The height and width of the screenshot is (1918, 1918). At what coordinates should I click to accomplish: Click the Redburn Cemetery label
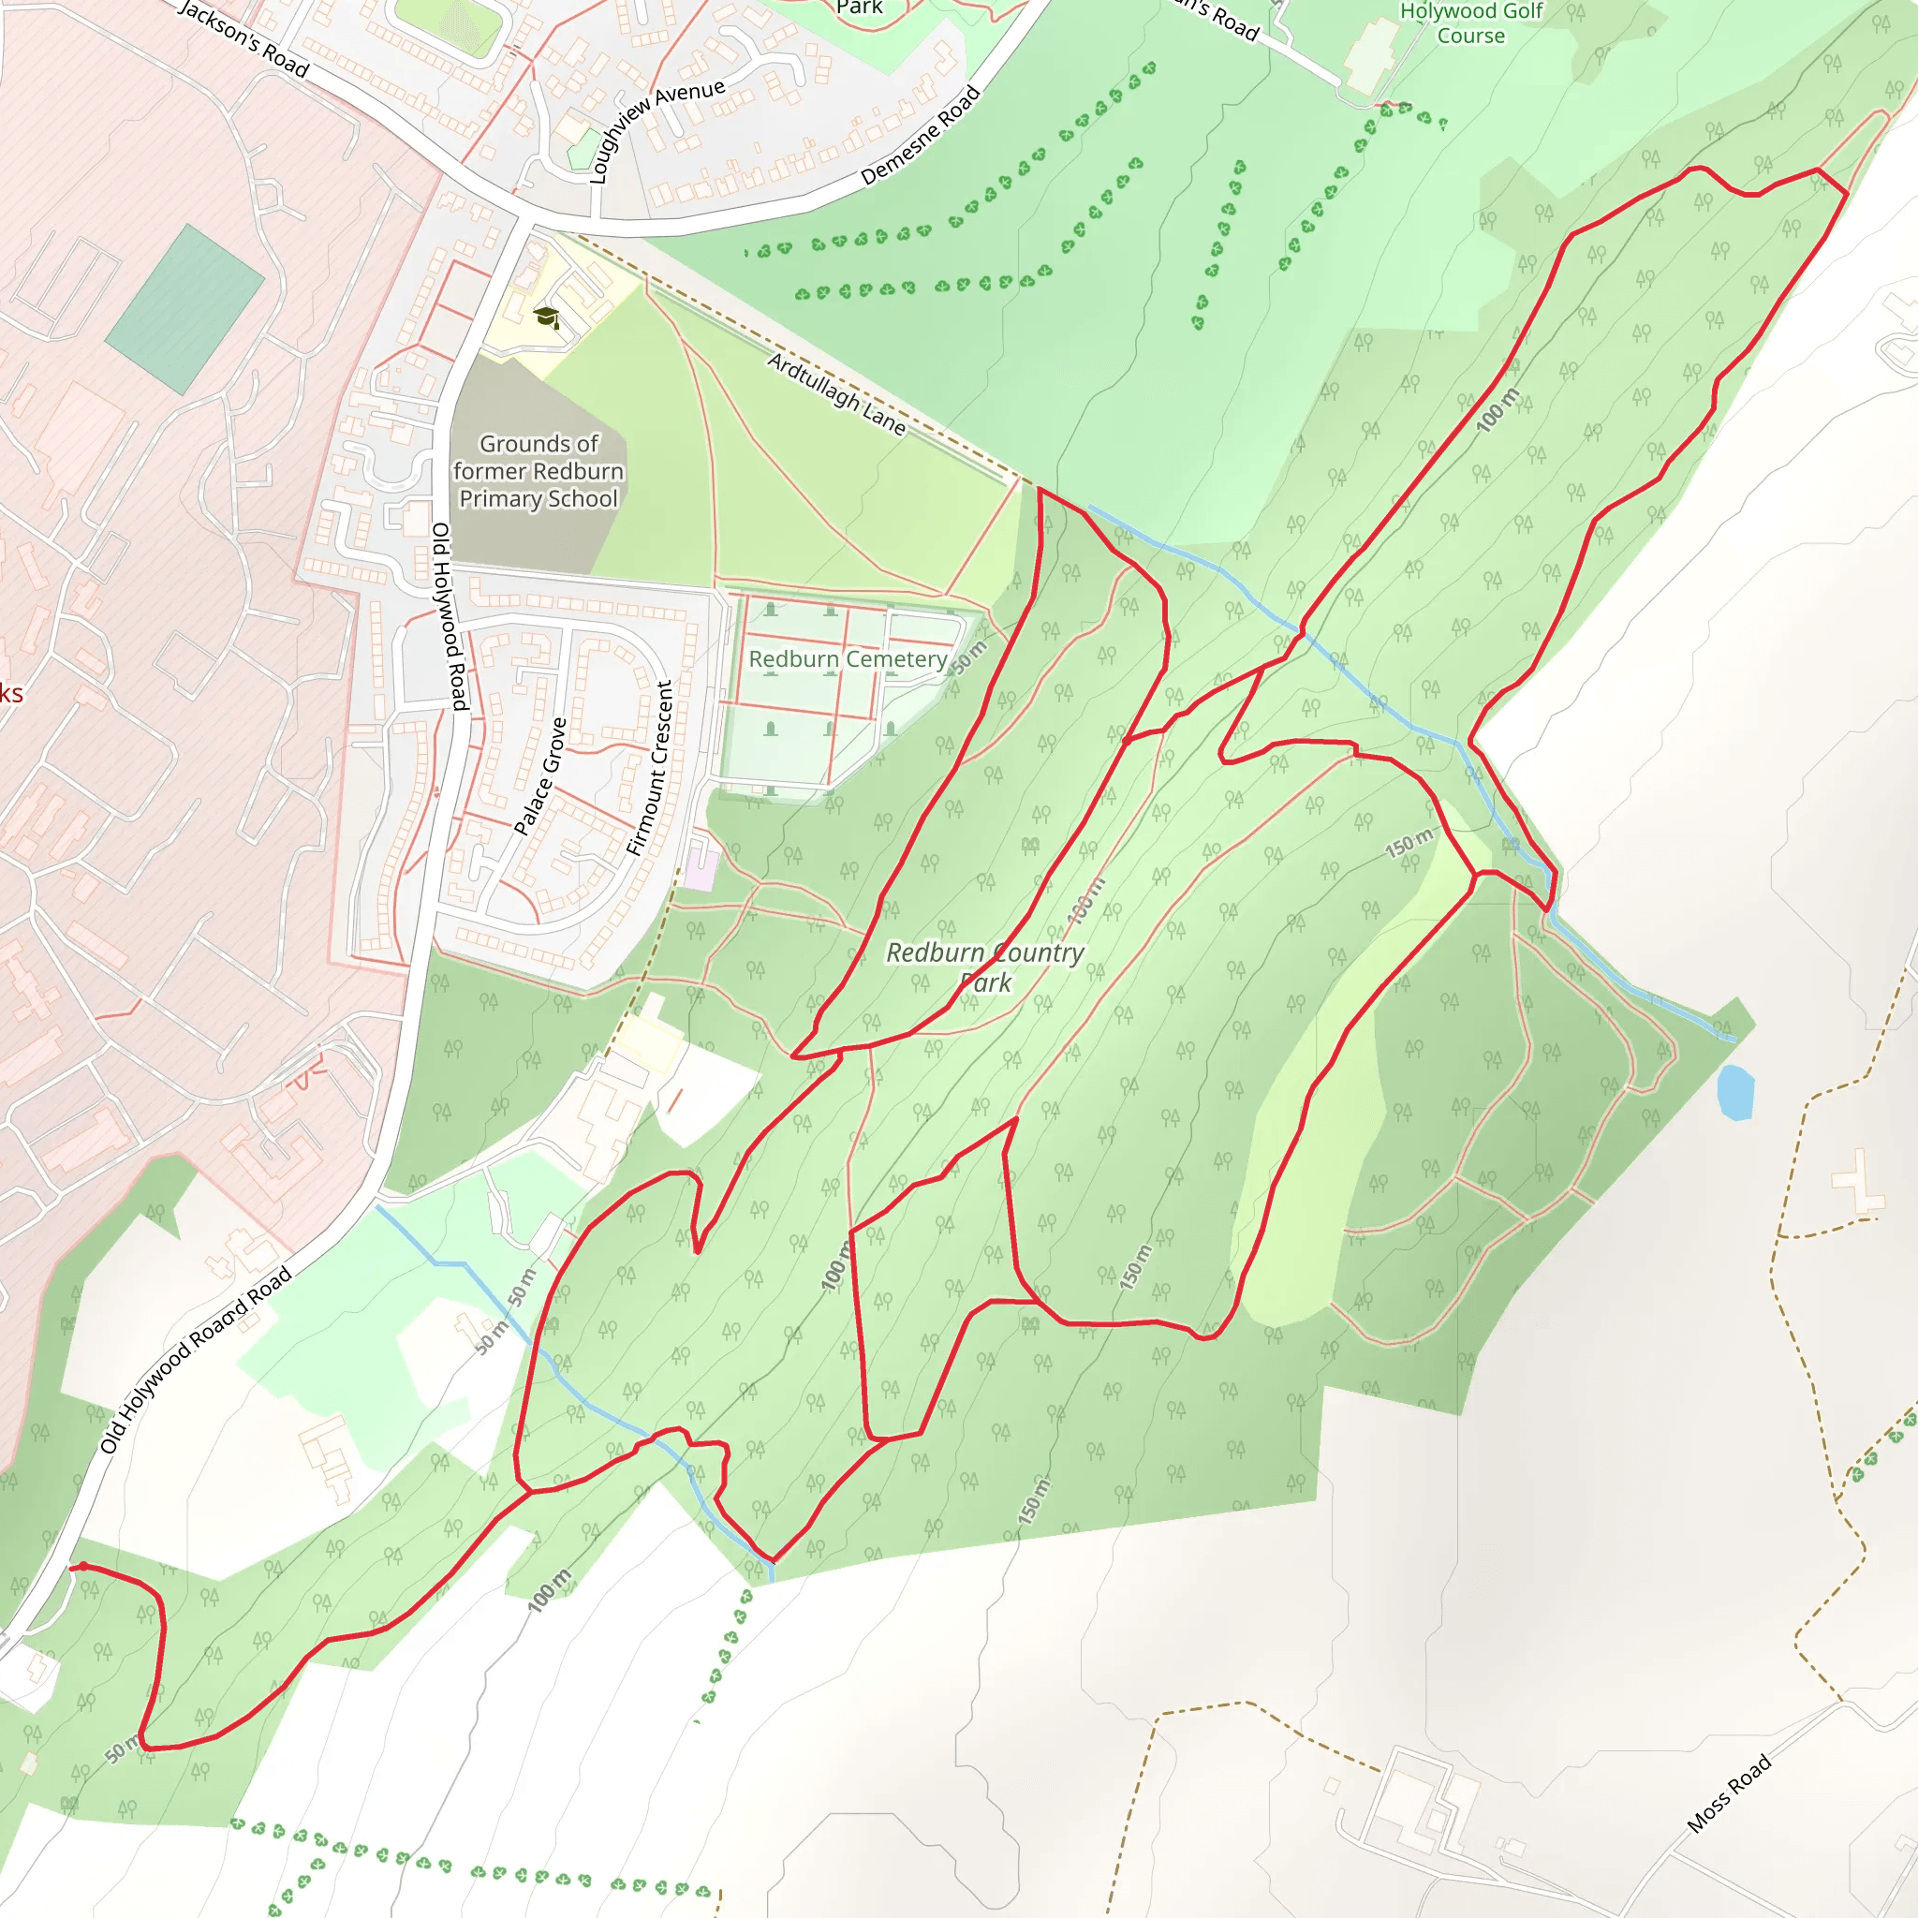(847, 659)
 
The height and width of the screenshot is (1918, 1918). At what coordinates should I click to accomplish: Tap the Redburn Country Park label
(984, 966)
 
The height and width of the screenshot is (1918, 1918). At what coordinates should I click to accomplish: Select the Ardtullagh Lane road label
(837, 394)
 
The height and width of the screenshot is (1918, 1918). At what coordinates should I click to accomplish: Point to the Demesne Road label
(921, 136)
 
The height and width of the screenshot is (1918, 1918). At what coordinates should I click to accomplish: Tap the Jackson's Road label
(244, 38)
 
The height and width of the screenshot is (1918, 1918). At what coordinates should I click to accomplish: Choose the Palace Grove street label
(540, 776)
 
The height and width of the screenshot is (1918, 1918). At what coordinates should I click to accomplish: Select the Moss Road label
(1729, 1793)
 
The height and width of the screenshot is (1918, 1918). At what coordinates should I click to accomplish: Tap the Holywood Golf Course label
(1470, 23)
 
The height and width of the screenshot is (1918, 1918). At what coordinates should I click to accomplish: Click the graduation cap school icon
(546, 317)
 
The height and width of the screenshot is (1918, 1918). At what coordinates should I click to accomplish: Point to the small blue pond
(1735, 1092)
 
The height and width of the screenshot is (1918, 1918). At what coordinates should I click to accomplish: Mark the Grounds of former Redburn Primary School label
(539, 472)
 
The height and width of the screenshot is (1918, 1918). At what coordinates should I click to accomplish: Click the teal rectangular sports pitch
(184, 309)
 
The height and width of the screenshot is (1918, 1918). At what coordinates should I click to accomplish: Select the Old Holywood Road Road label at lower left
(196, 1361)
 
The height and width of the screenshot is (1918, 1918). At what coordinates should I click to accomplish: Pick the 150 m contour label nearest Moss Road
(1031, 1501)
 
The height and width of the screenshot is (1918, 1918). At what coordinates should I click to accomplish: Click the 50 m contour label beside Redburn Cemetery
(969, 657)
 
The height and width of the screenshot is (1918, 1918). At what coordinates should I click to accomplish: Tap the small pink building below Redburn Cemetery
(701, 865)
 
